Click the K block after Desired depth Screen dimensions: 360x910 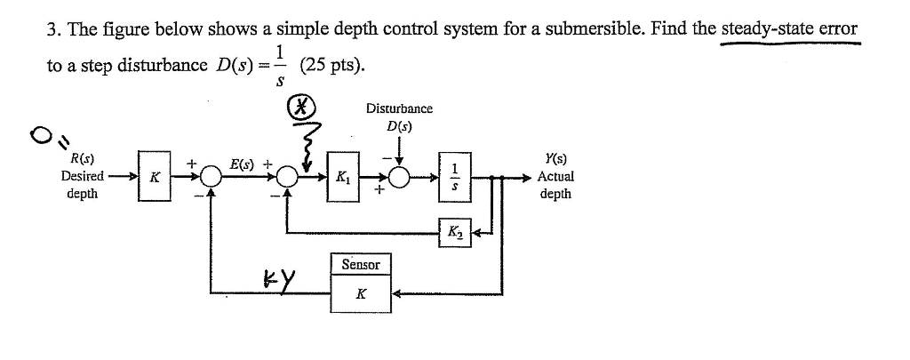click(154, 177)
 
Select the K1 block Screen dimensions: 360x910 click(343, 177)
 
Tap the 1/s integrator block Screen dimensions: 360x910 click(453, 176)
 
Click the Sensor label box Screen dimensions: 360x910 click(361, 264)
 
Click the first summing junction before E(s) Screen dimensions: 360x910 click(210, 177)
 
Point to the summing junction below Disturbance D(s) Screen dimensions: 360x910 click(399, 177)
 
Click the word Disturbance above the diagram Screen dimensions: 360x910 click(399, 108)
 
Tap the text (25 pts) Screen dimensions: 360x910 click(331, 67)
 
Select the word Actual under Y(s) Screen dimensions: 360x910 click(555, 176)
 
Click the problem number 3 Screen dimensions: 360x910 click(52, 28)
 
